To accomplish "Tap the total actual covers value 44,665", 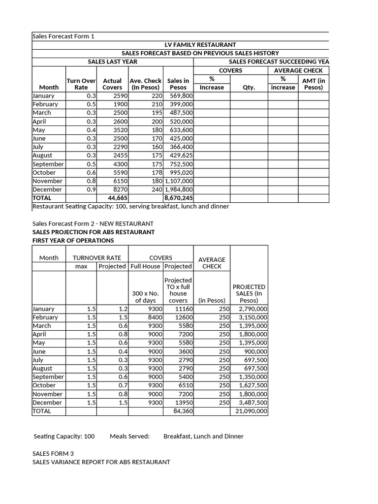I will pyautogui.click(x=118, y=198).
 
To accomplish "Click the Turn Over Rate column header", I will pyautogui.click(x=81, y=84).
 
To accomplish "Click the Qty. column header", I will pyautogui.click(x=249, y=87).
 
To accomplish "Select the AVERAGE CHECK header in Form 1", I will pyautogui.click(x=298, y=70).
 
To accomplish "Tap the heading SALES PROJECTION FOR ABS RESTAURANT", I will pyautogui.click(x=94, y=232).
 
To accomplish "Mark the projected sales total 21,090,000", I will pyautogui.click(x=250, y=411).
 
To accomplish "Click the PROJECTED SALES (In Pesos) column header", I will pyautogui.click(x=249, y=293).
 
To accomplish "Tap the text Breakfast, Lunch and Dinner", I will pyautogui.click(x=203, y=436).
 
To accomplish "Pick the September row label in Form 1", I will pyautogui.click(x=48, y=164).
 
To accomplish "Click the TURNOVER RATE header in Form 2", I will pyautogui.click(x=96, y=257).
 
